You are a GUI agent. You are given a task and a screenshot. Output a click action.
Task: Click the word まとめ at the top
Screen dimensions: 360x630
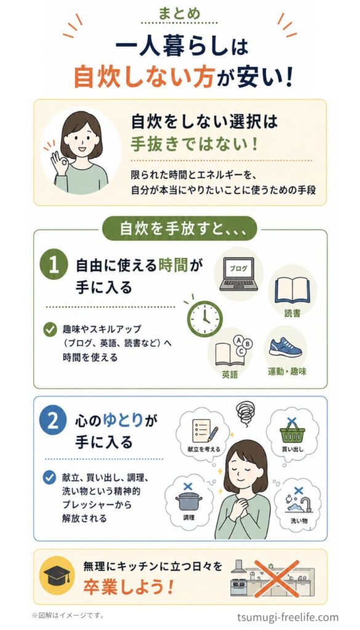coord(179,15)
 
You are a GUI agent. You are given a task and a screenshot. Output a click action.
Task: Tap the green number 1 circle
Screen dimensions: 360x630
coord(54,266)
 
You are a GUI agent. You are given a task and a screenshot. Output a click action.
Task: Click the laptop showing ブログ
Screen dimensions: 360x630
coord(239,274)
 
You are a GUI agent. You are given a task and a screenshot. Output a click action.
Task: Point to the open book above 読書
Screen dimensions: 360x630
coord(292,290)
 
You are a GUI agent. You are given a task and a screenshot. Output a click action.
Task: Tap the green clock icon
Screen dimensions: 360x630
coord(204,319)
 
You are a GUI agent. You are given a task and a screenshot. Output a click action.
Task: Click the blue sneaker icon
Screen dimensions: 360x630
coord(286,348)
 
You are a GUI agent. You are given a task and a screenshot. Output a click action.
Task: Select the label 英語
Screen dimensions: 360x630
coord(230,375)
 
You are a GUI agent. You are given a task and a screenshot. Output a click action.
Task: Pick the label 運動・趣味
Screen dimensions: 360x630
coord(287,372)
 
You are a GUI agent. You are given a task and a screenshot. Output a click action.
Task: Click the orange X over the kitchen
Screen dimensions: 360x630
coord(277,578)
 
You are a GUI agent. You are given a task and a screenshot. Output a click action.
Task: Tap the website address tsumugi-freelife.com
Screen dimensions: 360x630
coord(287,617)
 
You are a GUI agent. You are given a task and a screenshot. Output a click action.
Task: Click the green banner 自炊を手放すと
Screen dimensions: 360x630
coord(179,229)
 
